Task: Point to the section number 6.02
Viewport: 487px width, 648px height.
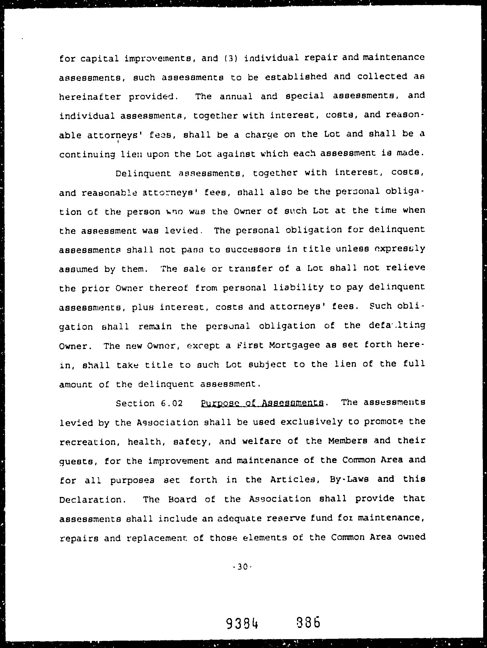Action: tap(172, 403)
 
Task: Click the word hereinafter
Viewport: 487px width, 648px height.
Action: tap(90, 97)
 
